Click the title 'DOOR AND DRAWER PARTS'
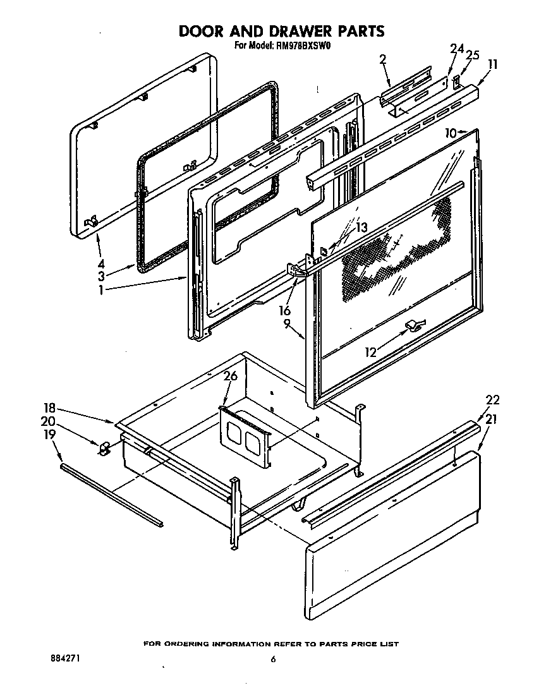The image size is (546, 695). coord(281,31)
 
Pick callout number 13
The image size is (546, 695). coord(360,227)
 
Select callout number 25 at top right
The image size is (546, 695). coord(472,56)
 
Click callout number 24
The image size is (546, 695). coord(456,49)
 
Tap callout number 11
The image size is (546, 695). coord(493,64)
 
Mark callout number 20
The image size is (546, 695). coord(48,421)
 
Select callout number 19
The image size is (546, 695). coord(49,435)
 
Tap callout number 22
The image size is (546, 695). coord(492,399)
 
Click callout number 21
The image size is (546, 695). coord(492,418)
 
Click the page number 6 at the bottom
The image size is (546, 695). coord(273,660)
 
